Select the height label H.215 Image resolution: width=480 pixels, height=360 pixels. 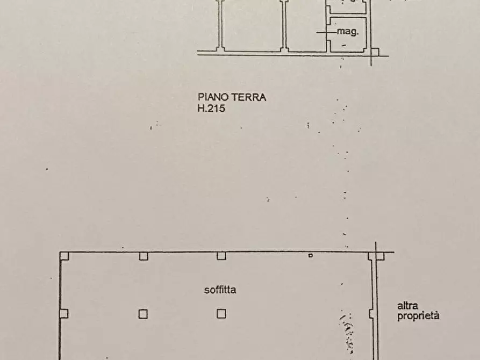tap(211, 109)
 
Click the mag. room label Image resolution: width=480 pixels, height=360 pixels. tap(347, 32)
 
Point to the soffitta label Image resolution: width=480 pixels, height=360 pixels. tap(220, 290)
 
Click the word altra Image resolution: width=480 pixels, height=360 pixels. tap(408, 305)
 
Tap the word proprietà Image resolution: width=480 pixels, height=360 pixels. tap(418, 315)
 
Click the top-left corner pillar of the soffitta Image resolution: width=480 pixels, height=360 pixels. tap(64, 256)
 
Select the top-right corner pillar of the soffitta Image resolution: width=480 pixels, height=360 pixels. tap(380, 256)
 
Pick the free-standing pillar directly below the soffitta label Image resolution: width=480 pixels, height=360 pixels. tap(221, 314)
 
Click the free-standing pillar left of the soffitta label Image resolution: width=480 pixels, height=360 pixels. tap(143, 314)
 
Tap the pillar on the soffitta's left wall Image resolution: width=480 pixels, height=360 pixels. tap(63, 314)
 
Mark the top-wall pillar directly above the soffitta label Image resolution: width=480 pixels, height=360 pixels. tap(221, 256)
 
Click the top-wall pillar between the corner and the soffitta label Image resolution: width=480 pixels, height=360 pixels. tap(143, 256)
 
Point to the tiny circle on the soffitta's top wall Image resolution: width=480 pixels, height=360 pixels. tap(310, 256)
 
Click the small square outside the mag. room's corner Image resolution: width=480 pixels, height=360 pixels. tap(375, 52)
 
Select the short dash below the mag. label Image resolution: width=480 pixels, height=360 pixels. tap(343, 45)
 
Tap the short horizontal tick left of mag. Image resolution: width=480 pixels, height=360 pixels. tap(324, 32)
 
